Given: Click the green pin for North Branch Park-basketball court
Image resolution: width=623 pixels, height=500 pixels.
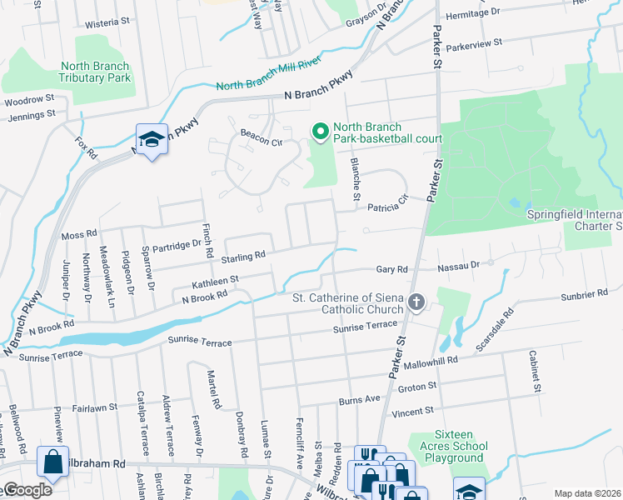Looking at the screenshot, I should [319, 132].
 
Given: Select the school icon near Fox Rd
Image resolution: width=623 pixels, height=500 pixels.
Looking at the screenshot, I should [152, 141].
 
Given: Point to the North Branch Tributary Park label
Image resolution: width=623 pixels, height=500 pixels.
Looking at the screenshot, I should [94, 72].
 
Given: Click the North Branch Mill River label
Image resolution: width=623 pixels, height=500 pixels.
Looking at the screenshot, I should [268, 81].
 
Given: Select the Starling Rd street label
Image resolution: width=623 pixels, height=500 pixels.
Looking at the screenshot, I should [243, 255].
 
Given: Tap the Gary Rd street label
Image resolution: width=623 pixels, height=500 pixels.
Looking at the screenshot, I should [391, 269].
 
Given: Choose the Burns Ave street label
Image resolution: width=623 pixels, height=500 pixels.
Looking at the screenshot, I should [359, 401].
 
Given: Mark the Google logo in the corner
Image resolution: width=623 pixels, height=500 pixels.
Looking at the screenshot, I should [27, 490].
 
